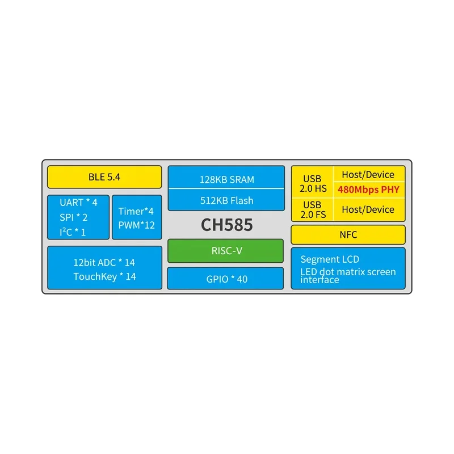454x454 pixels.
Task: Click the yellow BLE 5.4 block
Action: point(104,177)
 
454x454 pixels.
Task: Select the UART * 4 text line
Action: point(78,202)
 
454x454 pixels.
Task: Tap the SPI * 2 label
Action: point(73,217)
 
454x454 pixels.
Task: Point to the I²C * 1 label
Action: point(73,232)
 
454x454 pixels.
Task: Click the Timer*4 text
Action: point(136,211)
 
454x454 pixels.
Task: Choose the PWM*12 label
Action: point(136,225)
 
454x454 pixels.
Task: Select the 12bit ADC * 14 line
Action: point(104,262)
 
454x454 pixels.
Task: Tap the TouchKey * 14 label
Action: point(104,276)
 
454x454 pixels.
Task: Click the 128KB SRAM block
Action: point(226,179)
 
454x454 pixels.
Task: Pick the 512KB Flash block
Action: point(226,200)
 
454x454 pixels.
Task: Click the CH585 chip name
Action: point(226,225)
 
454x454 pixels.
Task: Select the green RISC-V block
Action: point(225,251)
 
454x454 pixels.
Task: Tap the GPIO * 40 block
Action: point(225,279)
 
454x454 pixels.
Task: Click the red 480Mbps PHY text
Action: point(368,190)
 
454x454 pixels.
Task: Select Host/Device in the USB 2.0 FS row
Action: point(368,209)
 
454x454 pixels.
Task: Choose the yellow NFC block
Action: point(348,235)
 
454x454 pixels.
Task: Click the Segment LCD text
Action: point(330,259)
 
